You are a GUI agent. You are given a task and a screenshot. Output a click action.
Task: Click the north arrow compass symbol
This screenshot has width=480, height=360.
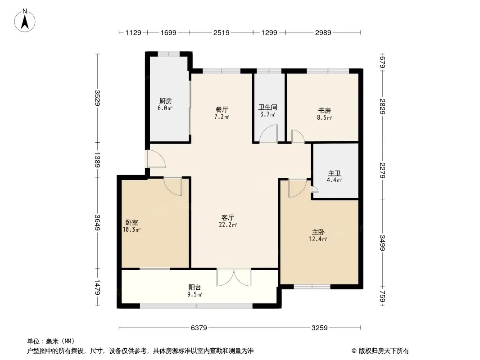click(x=25, y=21)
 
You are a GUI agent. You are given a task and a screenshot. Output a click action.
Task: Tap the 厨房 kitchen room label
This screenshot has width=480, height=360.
click(x=166, y=101)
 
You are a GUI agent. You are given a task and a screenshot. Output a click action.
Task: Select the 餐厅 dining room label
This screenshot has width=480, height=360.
click(x=222, y=109)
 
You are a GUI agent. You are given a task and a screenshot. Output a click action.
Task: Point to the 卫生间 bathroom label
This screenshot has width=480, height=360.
click(x=268, y=108)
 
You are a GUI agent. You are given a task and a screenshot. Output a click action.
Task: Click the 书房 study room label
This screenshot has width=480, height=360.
click(x=325, y=110)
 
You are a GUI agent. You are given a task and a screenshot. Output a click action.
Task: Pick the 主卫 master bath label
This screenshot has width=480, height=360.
click(x=334, y=173)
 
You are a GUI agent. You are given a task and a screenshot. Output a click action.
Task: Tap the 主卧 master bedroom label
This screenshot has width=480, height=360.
click(x=318, y=232)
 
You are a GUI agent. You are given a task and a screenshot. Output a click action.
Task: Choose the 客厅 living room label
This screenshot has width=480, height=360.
click(x=228, y=217)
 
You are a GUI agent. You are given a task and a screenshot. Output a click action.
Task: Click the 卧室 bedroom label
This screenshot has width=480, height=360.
click(x=132, y=223)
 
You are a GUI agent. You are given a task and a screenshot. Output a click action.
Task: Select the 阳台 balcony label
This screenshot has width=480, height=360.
click(x=195, y=288)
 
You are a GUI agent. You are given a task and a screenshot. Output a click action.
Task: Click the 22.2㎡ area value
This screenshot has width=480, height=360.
click(x=228, y=225)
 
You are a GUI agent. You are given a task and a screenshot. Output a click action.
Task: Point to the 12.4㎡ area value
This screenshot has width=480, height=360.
click(x=318, y=239)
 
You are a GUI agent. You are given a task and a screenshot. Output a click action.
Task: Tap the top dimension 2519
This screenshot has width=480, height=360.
click(x=222, y=32)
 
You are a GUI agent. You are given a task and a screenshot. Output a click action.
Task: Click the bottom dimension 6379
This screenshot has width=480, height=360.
click(x=199, y=328)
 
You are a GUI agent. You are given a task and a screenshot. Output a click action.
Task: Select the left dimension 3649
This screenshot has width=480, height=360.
click(x=97, y=223)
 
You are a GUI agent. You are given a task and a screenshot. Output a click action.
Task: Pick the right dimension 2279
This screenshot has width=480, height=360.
click(x=382, y=171)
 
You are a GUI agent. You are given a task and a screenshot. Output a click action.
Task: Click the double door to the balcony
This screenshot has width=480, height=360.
click(x=234, y=277)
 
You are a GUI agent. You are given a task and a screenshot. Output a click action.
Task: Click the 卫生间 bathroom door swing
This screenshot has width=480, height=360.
click(x=268, y=134)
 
